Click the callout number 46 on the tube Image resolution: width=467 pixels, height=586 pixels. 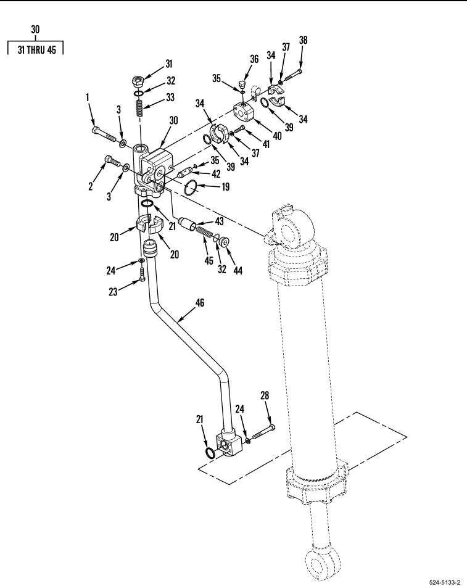(200, 302)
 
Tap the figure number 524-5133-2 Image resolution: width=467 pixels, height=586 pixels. (444, 582)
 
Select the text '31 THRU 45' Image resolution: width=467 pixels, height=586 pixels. (36, 50)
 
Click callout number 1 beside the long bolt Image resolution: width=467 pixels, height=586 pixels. (88, 97)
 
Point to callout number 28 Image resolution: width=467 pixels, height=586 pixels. (265, 395)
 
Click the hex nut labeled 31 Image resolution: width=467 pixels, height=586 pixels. (138, 80)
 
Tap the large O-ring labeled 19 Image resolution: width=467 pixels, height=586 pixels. (191, 188)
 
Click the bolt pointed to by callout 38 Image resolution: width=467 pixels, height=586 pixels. (293, 75)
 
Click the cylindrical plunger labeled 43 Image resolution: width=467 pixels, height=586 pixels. (188, 223)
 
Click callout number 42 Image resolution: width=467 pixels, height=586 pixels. (216, 174)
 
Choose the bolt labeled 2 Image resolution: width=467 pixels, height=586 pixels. (112, 161)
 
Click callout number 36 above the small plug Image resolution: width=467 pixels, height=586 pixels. (254, 59)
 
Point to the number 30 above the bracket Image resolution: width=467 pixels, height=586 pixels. (35, 30)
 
